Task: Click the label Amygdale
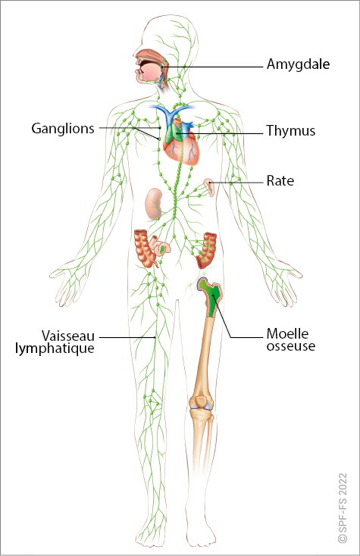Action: coord(298,65)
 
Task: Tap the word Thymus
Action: coord(291,131)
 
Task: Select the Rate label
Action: coord(280,181)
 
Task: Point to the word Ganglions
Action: coord(63,129)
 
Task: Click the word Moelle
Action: coord(287,333)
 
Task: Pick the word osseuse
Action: coord(291,346)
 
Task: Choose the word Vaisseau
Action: coord(68,336)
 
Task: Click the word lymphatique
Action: coord(55,348)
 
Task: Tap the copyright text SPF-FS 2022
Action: coord(343,508)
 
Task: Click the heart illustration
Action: coord(182,144)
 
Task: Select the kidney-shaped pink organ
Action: coord(154,204)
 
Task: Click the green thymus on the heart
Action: coord(173,131)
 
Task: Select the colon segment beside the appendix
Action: coord(145,248)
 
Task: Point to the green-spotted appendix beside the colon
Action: coord(161,246)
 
